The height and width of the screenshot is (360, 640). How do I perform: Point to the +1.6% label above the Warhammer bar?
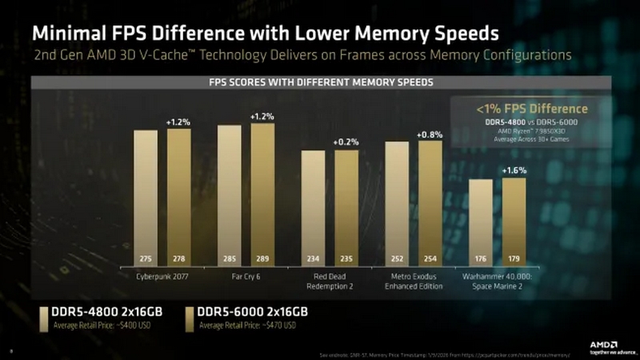point(514,170)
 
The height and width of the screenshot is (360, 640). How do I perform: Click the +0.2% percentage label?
point(346,142)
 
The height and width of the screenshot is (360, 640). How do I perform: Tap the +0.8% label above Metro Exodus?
point(430,134)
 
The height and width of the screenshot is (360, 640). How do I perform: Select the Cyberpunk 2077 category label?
point(162,276)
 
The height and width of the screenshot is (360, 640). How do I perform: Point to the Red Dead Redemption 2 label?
point(330,280)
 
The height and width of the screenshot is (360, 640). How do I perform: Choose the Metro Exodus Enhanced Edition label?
point(413,280)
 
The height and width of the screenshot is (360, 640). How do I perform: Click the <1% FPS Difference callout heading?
point(531,109)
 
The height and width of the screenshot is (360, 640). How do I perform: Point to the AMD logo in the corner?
point(604,345)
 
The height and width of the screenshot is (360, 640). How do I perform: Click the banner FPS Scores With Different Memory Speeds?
point(320,82)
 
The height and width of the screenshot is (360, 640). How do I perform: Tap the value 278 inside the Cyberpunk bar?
point(178,259)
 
